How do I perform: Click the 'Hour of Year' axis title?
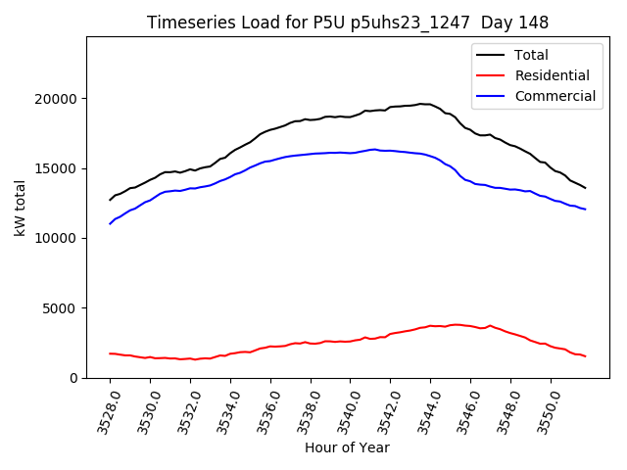click(x=347, y=448)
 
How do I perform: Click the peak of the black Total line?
click(x=421, y=104)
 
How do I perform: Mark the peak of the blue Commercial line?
click(x=373, y=149)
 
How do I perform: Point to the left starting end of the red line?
click(x=110, y=353)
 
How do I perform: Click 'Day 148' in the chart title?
click(x=515, y=23)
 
